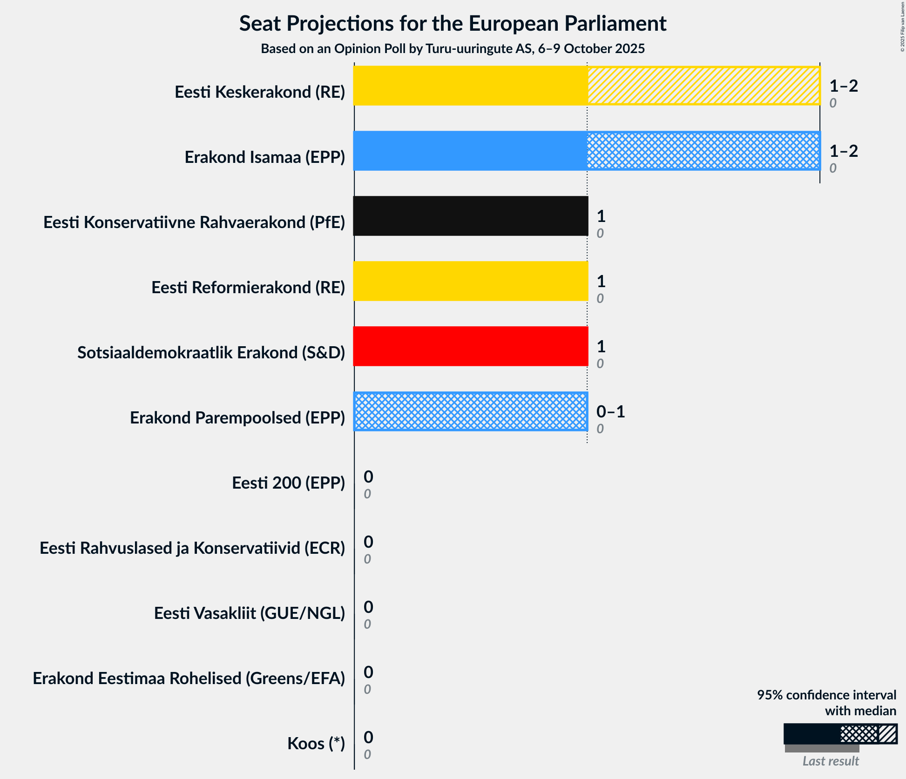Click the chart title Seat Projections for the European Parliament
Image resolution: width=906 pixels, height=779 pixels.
(453, 23)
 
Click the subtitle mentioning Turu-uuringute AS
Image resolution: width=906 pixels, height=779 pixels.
(453, 48)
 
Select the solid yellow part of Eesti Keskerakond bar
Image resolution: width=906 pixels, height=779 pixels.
(470, 86)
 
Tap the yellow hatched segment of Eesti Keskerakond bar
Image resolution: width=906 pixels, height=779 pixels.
(703, 86)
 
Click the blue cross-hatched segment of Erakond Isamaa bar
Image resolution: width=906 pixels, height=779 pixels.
(703, 151)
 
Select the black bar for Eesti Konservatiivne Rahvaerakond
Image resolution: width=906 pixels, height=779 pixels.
(470, 216)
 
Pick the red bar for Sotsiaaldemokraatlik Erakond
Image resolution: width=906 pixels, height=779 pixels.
(470, 346)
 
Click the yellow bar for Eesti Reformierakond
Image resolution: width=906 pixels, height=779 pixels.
(470, 281)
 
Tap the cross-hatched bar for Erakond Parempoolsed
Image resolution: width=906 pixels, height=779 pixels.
(470, 411)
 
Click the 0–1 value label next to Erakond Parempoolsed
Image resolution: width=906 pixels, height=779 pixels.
(610, 411)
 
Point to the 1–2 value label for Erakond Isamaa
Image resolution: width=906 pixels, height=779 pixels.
(843, 151)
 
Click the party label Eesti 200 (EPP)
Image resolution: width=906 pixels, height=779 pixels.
(288, 483)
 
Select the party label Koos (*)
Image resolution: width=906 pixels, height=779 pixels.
(316, 744)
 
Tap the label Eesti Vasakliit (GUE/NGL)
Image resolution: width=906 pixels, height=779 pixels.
(249, 613)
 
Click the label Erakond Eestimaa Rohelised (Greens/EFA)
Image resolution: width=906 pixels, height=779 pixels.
(189, 678)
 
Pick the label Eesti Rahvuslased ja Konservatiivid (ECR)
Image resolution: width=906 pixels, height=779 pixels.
(192, 548)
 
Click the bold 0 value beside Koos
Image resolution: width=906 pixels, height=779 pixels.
(368, 737)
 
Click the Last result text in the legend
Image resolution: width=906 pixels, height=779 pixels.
(830, 761)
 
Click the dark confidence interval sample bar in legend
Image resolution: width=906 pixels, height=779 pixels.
(812, 734)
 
